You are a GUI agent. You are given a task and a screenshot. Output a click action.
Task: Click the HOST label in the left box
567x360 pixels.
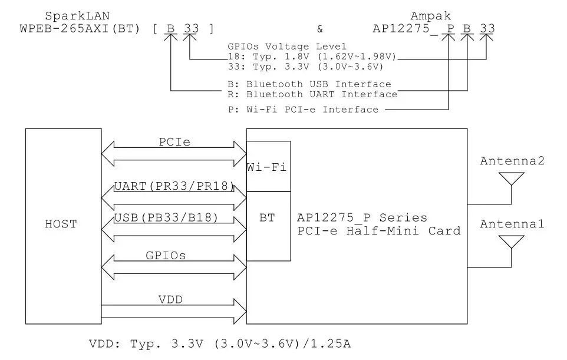tap(61, 224)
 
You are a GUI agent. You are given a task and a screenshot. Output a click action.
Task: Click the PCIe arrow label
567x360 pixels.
tap(173, 142)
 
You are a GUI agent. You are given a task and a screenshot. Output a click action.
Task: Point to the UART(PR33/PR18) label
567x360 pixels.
tap(173, 187)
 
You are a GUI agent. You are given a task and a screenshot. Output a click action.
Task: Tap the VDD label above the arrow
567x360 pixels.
tap(171, 300)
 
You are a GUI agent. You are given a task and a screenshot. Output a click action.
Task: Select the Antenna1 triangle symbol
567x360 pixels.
tap(511, 242)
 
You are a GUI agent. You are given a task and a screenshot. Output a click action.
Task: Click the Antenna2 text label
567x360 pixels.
tap(512, 161)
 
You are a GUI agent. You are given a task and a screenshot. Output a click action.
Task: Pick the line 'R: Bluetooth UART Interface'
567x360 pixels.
tap(312, 94)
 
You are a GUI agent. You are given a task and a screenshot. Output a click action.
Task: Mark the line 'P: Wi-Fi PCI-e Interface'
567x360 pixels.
tap(302, 110)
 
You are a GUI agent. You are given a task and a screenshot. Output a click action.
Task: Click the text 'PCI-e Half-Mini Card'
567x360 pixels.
tap(378, 231)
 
